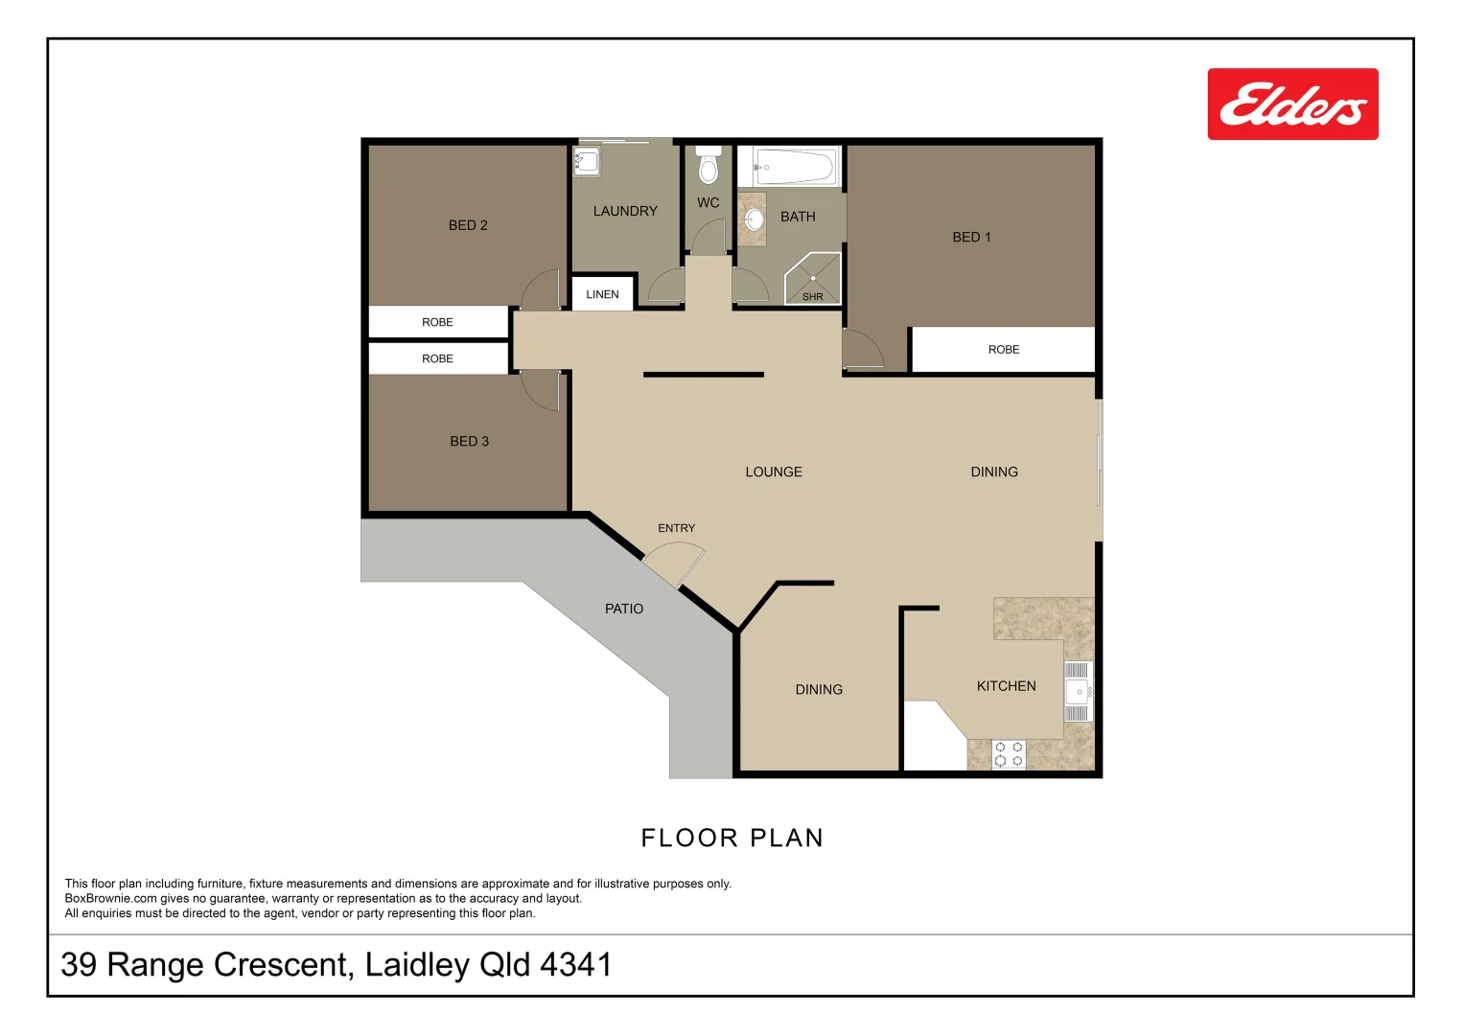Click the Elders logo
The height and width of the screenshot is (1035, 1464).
tap(1292, 103)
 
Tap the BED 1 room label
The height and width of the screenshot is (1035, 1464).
tap(971, 238)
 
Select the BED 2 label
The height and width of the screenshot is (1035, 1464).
tap(468, 225)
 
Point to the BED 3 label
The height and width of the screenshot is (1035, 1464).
tap(469, 442)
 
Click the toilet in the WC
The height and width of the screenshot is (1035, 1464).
tap(708, 164)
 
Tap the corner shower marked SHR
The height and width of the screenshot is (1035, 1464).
tap(812, 279)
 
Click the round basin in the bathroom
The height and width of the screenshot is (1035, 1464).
tap(755, 218)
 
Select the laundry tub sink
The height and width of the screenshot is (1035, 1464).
tap(586, 161)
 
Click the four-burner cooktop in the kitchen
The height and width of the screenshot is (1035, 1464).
tap(1009, 753)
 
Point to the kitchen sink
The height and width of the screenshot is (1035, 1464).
tap(1077, 691)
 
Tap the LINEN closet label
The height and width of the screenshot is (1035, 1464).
tap(602, 295)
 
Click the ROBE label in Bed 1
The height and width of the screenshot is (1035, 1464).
tap(1003, 350)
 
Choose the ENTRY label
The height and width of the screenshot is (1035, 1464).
tap(677, 528)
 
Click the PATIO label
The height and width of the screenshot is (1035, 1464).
tap(624, 609)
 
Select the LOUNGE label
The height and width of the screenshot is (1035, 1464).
tap(774, 471)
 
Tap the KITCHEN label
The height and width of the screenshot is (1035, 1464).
tap(1006, 686)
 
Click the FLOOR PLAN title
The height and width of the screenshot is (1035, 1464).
tap(732, 839)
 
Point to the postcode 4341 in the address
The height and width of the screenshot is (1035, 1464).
tap(576, 964)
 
